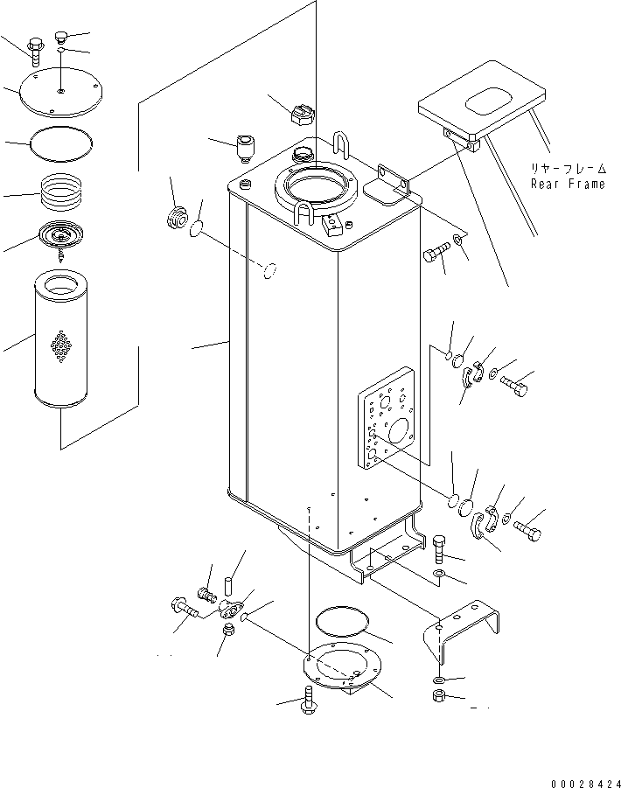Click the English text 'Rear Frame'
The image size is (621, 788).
(x=568, y=184)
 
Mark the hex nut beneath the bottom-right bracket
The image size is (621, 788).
(x=438, y=696)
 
